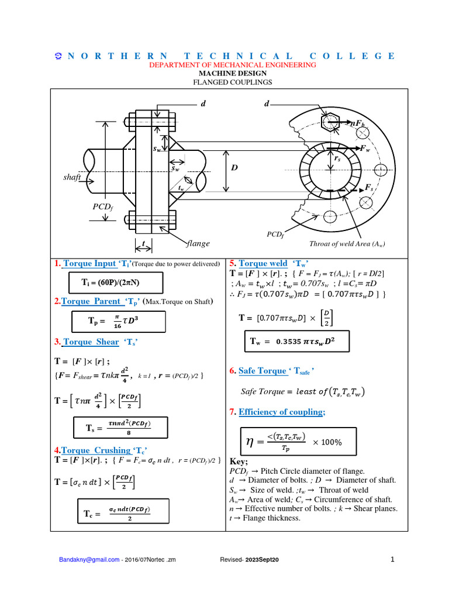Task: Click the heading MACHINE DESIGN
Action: point(233,74)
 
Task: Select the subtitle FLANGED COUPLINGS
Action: point(233,82)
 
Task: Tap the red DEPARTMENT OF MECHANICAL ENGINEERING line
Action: point(233,65)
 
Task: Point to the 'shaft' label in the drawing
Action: point(72,176)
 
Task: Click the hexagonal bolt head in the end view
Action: point(329,122)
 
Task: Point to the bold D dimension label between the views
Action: point(234,168)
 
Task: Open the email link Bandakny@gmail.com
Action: point(88,560)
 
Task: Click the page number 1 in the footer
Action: point(393,559)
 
